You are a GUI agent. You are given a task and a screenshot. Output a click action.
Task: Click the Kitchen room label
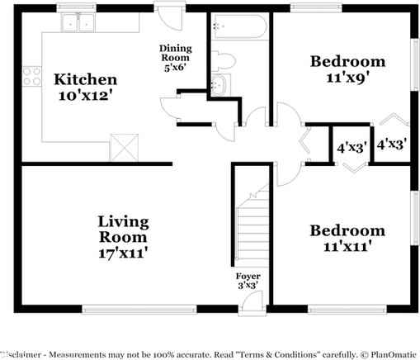[86, 79]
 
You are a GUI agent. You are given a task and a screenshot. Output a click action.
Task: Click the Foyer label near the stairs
[248, 276]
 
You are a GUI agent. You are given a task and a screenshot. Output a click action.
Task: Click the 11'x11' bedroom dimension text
[347, 246]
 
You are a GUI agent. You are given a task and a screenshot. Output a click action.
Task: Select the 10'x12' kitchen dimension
[86, 96]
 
